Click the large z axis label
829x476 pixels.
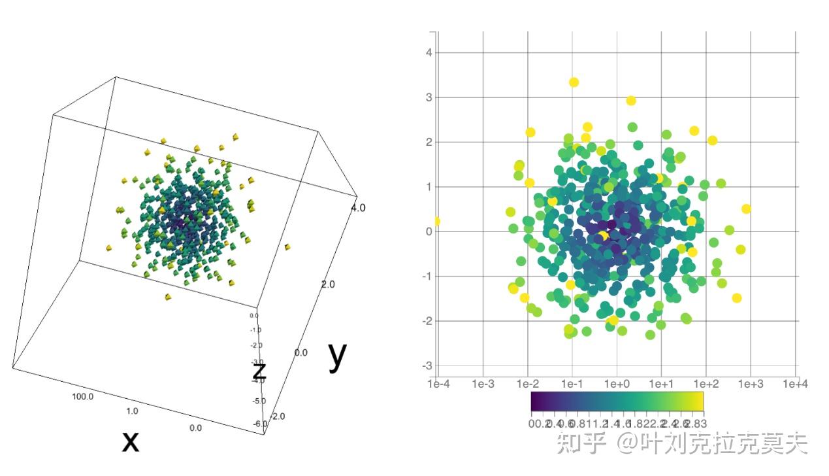(259, 371)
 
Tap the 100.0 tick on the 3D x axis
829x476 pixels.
(83, 397)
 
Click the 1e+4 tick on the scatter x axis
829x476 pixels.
(795, 384)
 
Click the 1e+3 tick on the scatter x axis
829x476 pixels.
(751, 384)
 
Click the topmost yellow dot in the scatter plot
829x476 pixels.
(574, 82)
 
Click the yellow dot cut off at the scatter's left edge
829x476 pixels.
(437, 222)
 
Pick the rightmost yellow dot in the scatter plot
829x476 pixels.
(746, 209)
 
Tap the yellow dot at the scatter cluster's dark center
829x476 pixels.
(603, 236)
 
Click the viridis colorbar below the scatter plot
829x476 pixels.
(617, 400)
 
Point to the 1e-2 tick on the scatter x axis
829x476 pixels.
(527, 384)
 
